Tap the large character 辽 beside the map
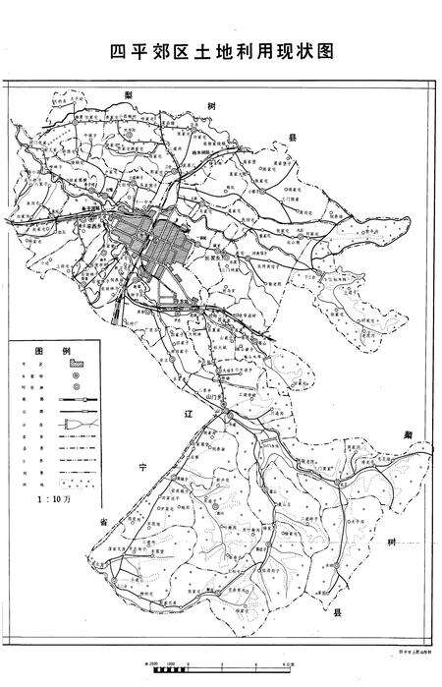pos(190,417)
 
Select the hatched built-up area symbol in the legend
pos(76,364)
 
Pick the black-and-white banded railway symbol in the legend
pos(76,400)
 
